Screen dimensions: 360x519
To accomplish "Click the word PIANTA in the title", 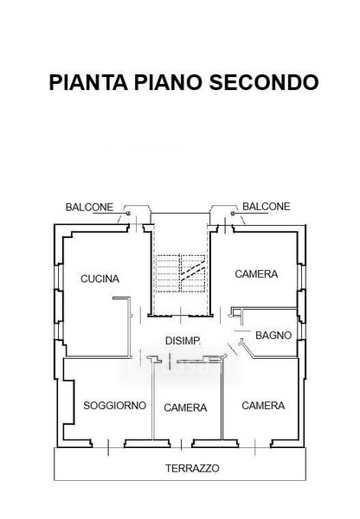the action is click(x=88, y=82).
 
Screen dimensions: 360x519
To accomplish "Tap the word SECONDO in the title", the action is click(x=264, y=82).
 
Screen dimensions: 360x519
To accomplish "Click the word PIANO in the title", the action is click(x=168, y=82).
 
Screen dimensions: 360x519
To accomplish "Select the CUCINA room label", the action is click(x=100, y=279).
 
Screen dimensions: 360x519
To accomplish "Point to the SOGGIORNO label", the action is click(x=114, y=406).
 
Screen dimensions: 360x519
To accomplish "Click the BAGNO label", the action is click(x=273, y=336).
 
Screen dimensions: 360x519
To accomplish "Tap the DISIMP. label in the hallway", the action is click(x=183, y=341).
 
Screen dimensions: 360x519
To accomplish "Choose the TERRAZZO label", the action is click(x=192, y=468).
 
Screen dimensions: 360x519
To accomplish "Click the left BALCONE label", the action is click(x=89, y=208).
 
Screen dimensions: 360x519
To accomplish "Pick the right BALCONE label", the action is click(x=267, y=207).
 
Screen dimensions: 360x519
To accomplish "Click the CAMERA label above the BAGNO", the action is click(x=256, y=274).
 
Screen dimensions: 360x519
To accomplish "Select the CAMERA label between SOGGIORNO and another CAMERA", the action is click(x=185, y=407).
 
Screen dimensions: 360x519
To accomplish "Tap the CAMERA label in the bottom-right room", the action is click(x=263, y=406).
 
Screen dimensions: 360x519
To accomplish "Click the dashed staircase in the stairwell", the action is click(x=181, y=273).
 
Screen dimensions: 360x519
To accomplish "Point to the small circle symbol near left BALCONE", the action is click(x=128, y=214).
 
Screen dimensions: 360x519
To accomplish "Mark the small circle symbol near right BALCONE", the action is click(x=233, y=214).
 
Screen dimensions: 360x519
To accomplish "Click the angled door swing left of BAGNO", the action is click(x=233, y=349).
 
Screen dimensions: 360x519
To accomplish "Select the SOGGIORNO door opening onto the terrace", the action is click(x=108, y=447).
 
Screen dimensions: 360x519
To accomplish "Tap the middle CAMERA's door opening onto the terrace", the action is click(x=181, y=445).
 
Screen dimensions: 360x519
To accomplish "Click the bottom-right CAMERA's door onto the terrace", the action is click(x=254, y=447).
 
